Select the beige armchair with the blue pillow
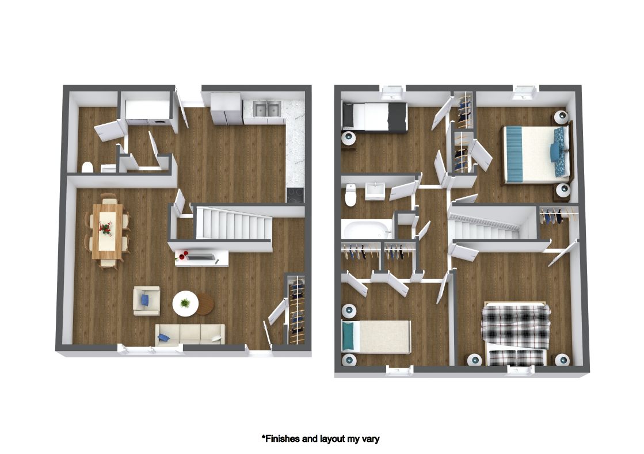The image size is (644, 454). (x=147, y=301)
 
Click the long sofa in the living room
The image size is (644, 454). (x=190, y=334)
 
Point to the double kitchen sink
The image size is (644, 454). (x=266, y=109)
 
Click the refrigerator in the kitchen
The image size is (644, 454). (x=226, y=109)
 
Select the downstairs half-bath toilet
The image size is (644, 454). (x=87, y=167)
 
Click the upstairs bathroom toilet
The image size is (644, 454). (x=350, y=196)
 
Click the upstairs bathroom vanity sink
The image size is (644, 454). (x=375, y=190)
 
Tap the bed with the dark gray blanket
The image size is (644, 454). (x=375, y=116)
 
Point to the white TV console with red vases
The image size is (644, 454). (x=201, y=258)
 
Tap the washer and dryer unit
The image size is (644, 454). (x=148, y=111)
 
